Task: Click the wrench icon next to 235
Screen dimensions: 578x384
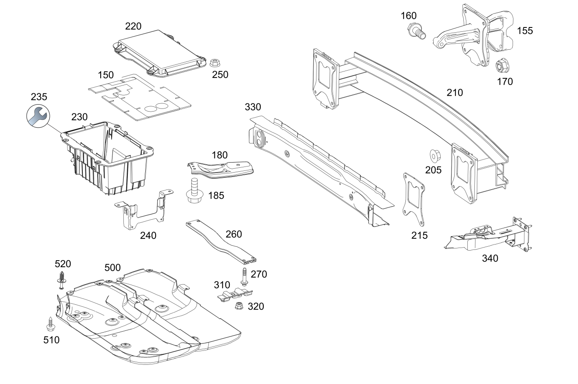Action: click(x=38, y=116)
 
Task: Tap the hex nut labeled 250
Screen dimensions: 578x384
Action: click(x=214, y=63)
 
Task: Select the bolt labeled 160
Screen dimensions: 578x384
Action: click(x=416, y=31)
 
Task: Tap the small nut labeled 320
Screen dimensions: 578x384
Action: click(x=239, y=306)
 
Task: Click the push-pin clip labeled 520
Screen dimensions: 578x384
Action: click(x=62, y=280)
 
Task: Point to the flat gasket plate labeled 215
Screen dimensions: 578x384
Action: click(x=414, y=199)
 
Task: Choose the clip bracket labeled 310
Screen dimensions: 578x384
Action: click(x=235, y=295)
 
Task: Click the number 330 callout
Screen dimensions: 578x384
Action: click(x=253, y=107)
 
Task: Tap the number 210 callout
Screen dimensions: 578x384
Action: click(x=455, y=93)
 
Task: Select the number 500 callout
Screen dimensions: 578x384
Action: click(x=112, y=268)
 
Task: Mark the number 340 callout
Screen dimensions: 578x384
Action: click(x=490, y=258)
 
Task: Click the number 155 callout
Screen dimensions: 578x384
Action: click(x=525, y=31)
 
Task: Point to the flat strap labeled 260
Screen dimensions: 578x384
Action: click(x=221, y=242)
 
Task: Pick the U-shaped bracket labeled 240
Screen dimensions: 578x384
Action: click(x=144, y=210)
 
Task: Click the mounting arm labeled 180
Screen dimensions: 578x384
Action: click(x=220, y=169)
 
